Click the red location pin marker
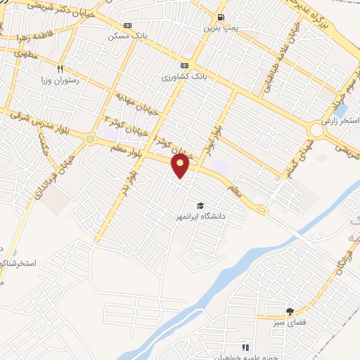coord(181,166)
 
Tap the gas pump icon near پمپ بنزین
coord(221,18)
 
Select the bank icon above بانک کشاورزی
coord(184,65)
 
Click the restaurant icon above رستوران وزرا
coord(60,69)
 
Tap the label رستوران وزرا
coord(60,80)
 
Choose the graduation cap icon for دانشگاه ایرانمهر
coord(200,205)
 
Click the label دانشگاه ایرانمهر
coord(201,217)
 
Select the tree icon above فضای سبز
coord(290,311)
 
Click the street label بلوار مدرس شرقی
coord(24,120)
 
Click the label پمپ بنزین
coord(217,28)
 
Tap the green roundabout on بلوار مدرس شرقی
coord(90,139)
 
